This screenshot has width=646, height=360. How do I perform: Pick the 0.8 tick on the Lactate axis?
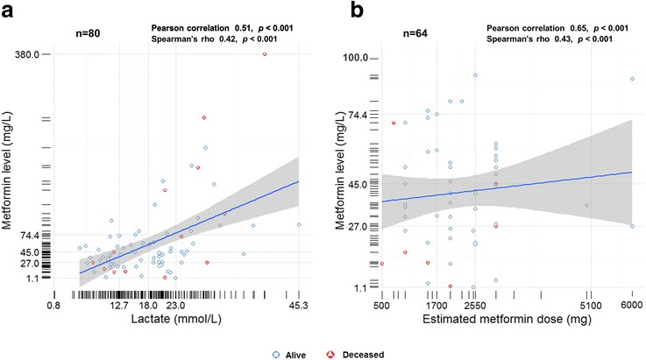click(x=53, y=307)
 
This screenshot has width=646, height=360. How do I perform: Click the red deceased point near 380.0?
click(x=264, y=54)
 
